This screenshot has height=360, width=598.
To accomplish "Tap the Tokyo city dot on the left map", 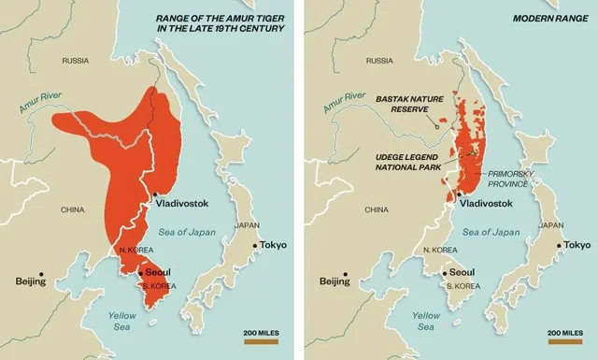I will point(255,247).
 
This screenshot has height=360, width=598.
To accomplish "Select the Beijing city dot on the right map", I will point(346,274).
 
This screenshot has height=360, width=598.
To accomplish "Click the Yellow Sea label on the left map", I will point(122,321).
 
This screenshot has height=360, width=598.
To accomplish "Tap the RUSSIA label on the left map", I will point(75,61).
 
